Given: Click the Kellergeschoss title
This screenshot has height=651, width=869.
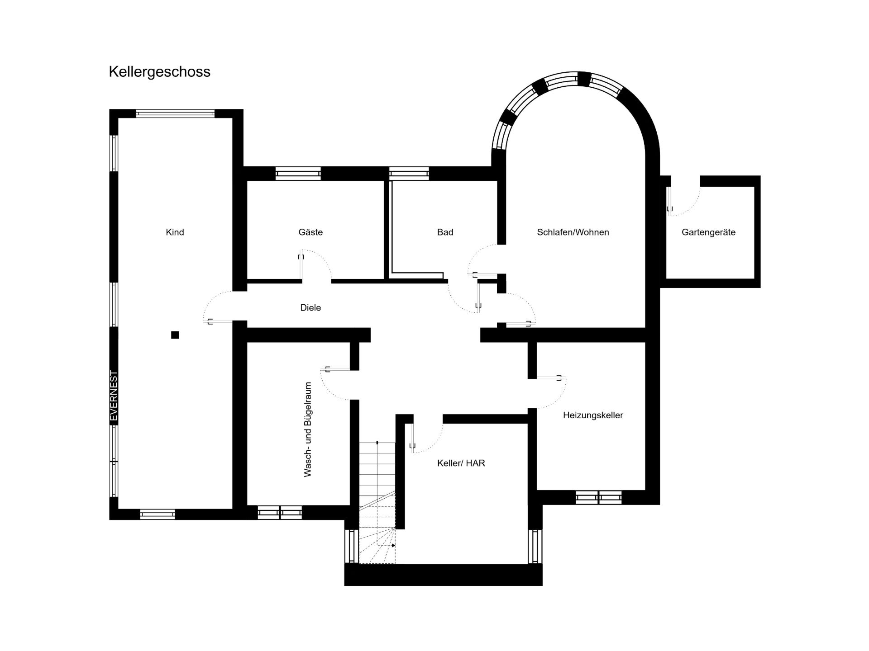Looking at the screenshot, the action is coord(159,72).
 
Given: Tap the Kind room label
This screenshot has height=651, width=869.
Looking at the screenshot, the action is coord(175,232).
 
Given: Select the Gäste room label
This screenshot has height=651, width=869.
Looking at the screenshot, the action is coord(310,232).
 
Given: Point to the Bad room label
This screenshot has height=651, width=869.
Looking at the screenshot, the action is coord(445,232).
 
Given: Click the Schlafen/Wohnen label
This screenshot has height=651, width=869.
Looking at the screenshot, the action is coord(573,232).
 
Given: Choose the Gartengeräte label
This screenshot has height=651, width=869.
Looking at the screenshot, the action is coord(708,232).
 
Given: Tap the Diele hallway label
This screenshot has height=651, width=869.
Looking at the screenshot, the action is coord(310,307).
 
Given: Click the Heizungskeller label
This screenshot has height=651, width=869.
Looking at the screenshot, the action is coord(593,415).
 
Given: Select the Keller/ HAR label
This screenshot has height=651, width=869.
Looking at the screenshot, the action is coord(461,463).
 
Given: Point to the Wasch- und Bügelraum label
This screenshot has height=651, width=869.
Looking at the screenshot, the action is coord(308,429).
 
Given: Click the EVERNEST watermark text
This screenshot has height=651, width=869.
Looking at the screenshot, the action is coord(114,396).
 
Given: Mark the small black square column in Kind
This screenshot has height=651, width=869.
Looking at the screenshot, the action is coord(175,335).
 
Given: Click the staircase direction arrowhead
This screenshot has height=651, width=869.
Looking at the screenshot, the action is coord(393,546).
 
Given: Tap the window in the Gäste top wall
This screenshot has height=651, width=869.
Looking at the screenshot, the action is coord(298,174).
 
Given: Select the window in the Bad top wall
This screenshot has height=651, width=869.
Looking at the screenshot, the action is coord(409,174).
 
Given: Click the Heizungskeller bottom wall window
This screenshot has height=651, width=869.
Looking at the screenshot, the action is coord(598,497).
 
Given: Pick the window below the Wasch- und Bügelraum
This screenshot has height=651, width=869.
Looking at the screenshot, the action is coord(280,512).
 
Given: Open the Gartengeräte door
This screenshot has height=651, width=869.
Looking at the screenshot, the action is coord(683,199).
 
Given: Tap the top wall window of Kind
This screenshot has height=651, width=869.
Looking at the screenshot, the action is coord(175,113).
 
